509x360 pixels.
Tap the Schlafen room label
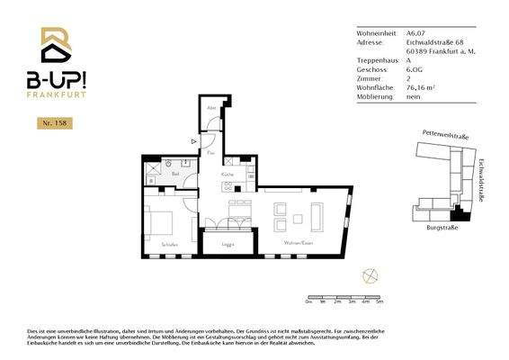pos(170,245)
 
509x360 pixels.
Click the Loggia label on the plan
pos(228,244)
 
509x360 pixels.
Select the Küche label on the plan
pos(228,175)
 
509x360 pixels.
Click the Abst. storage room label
pos(211,109)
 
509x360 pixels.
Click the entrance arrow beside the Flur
pos(193,141)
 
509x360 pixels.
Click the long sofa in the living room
pos(317,216)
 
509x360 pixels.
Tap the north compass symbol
pos(367,274)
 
